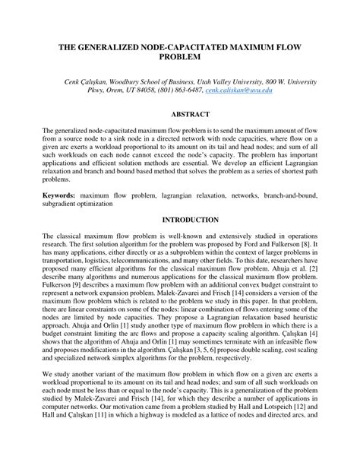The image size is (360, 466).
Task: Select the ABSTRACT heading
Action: pyautogui.click(x=179, y=113)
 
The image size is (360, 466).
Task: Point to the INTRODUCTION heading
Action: pyautogui.click(x=179, y=220)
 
